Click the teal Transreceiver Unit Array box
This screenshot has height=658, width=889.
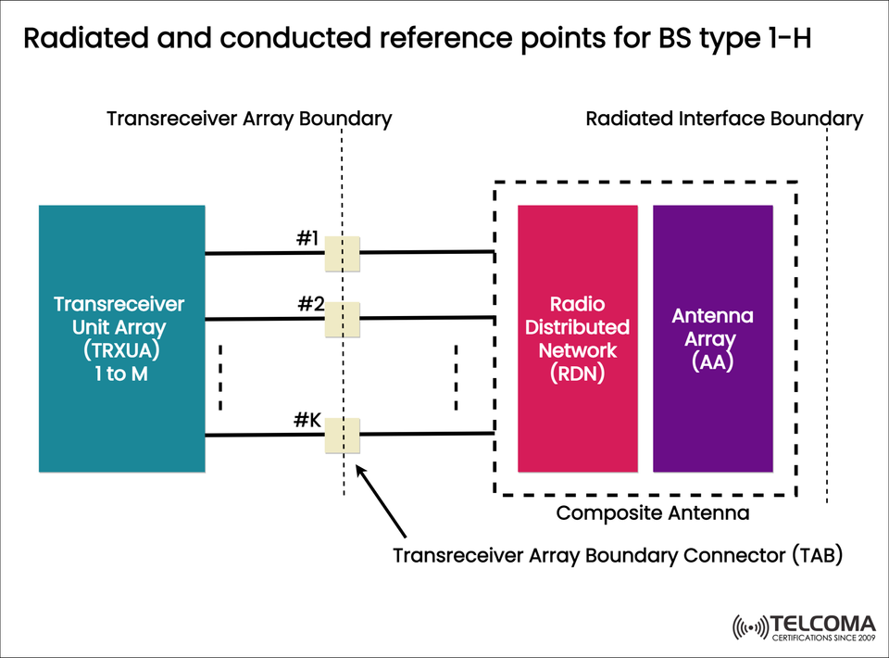tap(121, 338)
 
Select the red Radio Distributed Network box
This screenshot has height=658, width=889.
tap(577, 338)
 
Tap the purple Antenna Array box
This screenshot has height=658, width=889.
tap(712, 338)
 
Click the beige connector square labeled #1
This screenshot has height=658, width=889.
tap(342, 253)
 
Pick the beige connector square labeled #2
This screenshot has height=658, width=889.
tap(342, 319)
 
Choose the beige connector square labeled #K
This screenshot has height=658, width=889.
tap(342, 435)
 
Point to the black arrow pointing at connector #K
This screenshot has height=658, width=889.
tap(382, 501)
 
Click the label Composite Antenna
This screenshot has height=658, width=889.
tap(652, 512)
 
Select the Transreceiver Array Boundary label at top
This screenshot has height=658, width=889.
tap(249, 119)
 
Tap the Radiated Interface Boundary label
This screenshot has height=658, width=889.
tap(724, 119)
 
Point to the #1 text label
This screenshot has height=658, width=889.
tap(307, 238)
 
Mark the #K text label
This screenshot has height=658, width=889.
tap(307, 420)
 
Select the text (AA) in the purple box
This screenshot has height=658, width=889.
tap(712, 361)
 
